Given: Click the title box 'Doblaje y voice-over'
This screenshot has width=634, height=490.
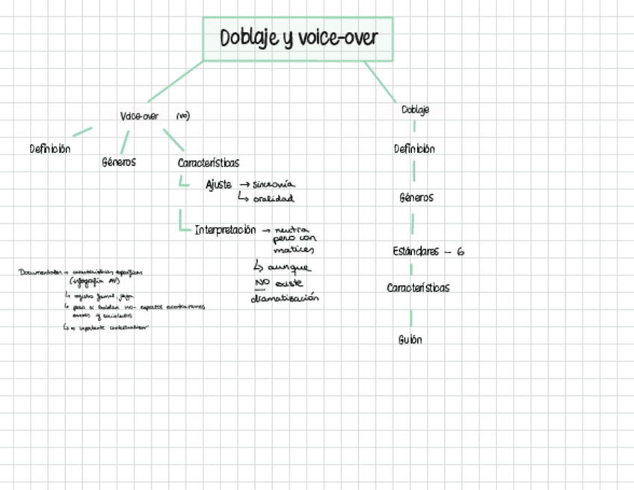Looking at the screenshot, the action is [298, 39].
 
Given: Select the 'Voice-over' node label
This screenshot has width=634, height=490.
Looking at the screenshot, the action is [139, 117].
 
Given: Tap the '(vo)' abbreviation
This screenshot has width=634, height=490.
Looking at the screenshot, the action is [183, 117].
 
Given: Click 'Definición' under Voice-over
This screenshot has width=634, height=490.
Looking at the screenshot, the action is [50, 149].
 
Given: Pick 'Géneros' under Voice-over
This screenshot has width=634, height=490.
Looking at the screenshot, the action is [119, 161].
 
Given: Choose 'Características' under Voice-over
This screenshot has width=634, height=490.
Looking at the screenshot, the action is [209, 163].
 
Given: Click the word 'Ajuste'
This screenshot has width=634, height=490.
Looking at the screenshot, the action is [218, 185].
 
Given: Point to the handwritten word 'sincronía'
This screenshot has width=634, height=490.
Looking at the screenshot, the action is [274, 184].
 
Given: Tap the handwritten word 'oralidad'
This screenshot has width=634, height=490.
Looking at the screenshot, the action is [273, 199].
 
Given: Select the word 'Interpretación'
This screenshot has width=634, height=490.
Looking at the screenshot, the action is [225, 230].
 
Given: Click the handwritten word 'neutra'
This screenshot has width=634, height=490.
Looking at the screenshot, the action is [292, 230].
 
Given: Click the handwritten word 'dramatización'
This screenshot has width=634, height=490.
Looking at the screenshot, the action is [285, 298].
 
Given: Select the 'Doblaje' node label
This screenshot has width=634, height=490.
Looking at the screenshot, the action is [415, 111].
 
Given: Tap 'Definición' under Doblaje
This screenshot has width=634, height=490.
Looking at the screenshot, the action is [414, 149].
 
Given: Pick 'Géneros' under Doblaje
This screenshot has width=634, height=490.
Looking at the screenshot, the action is [416, 198].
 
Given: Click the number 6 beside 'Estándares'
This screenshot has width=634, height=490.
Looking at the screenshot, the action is [461, 252].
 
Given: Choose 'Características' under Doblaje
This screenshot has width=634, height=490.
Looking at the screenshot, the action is [418, 288].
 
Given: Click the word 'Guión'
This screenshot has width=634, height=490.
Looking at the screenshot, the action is [410, 340].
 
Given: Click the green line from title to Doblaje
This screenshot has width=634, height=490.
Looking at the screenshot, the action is [381, 82].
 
